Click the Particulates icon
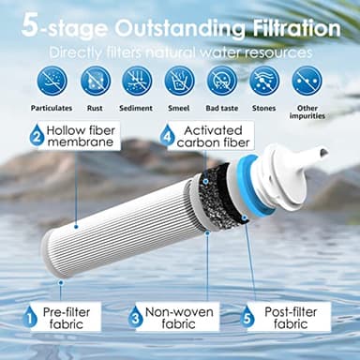point(52,81)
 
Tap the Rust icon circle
point(95,81)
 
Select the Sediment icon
point(137,81)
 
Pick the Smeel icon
point(179,81)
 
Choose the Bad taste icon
point(222,81)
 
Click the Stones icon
point(264,81)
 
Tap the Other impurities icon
point(307,81)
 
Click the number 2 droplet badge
point(36,135)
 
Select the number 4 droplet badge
point(167,136)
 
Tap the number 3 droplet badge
point(136,318)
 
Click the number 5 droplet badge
point(247,318)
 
